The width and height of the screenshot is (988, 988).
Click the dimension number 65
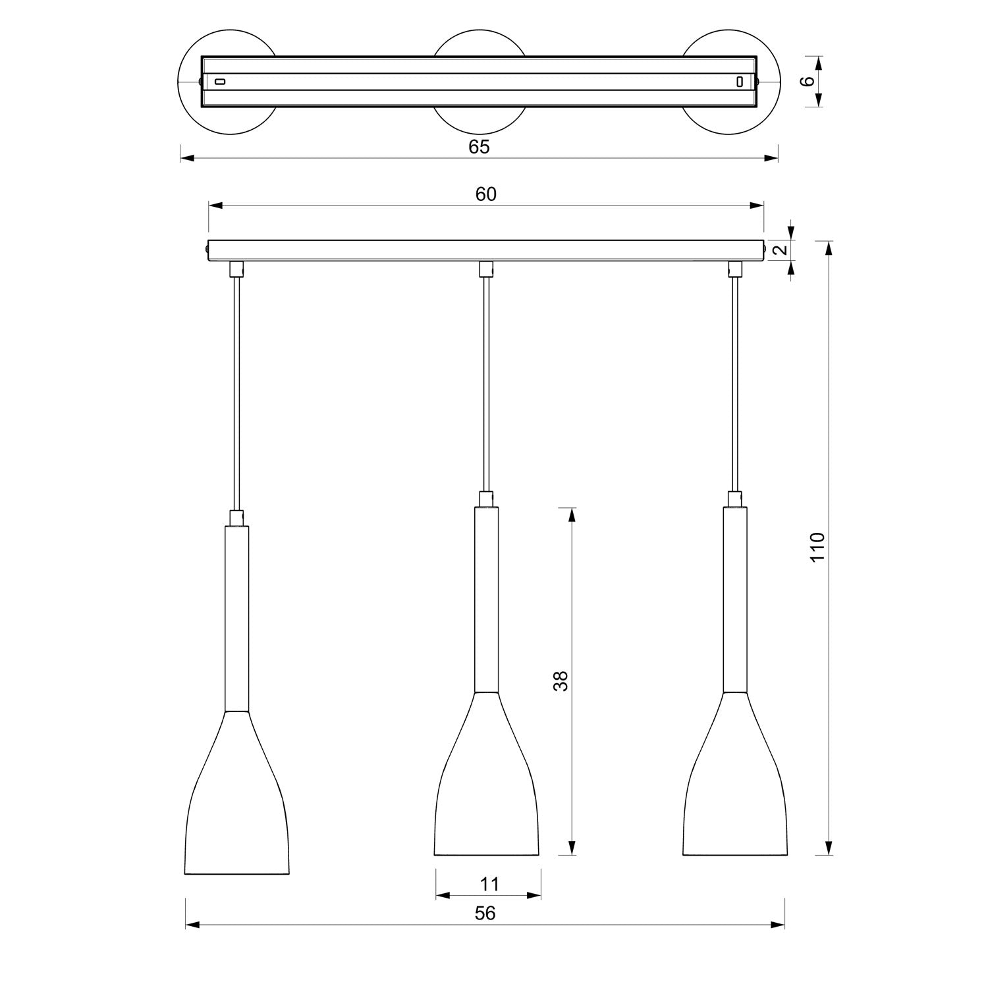click(x=480, y=147)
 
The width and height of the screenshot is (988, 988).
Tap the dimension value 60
click(x=486, y=194)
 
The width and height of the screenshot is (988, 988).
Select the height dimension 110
click(x=817, y=547)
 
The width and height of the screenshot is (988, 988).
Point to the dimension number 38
click(x=561, y=681)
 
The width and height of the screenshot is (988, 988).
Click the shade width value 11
click(x=489, y=884)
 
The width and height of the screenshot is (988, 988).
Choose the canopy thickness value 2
click(x=780, y=250)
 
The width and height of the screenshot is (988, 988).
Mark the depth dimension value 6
click(x=808, y=81)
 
